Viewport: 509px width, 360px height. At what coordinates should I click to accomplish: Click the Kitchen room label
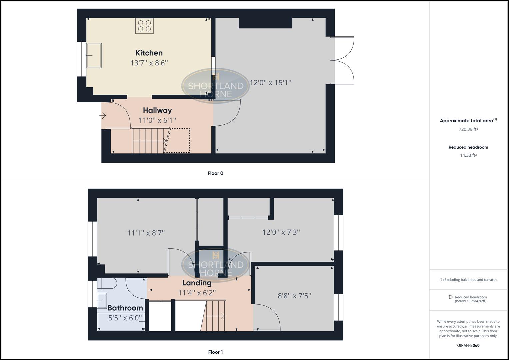tap(149, 53)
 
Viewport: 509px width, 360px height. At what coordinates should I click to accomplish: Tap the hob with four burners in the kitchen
tap(144, 26)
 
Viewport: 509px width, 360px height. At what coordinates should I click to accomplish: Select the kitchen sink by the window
tap(94, 56)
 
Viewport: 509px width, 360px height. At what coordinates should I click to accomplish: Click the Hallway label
tap(157, 110)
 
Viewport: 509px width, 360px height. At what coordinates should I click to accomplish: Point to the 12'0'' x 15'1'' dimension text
tap(271, 82)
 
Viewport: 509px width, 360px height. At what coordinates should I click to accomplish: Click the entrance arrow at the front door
tap(103, 116)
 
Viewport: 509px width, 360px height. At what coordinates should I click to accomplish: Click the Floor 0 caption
tap(215, 173)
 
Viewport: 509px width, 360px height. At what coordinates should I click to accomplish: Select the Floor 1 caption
tap(215, 352)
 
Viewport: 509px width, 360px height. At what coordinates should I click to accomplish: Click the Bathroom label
tap(125, 308)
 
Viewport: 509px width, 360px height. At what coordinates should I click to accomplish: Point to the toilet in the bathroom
tap(107, 284)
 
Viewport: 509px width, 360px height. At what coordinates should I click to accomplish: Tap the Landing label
tap(197, 283)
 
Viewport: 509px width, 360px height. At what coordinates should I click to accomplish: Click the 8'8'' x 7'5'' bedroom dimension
tap(295, 296)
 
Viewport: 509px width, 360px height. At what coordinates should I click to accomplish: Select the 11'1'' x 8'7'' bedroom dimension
tap(146, 233)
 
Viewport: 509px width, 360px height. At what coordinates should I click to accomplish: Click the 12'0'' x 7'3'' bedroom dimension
tap(281, 232)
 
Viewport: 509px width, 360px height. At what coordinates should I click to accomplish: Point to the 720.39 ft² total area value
tap(468, 129)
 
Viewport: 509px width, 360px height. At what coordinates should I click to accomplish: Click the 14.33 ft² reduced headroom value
tap(468, 155)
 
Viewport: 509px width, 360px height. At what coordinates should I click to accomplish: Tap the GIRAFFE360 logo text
tap(468, 345)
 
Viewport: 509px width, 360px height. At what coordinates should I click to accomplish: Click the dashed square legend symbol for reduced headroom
tap(451, 297)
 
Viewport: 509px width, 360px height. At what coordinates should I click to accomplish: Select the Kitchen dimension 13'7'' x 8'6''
tap(149, 63)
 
